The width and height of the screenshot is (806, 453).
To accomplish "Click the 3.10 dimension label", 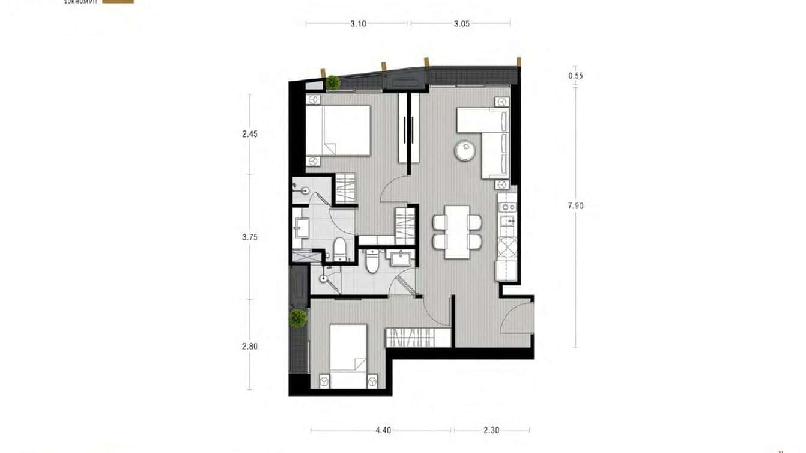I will pos(358,24).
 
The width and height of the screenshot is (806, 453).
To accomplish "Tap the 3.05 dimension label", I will pos(461,24).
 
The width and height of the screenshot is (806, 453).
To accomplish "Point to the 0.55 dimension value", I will pos(575,76).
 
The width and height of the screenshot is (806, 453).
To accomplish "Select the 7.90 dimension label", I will pos(575,205).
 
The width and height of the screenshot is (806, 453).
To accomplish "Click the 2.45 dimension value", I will pos(250,134).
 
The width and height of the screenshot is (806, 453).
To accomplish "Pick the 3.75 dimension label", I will pos(250,237).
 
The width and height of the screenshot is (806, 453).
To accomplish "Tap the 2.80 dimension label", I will pos(250,346).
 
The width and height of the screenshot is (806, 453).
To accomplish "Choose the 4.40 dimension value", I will pos(383,430).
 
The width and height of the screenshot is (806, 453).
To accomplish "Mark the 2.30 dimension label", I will pos(491,430).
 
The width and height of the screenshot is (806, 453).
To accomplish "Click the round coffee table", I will pos(465,150).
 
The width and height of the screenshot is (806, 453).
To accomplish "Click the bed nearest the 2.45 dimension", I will pos(338,130).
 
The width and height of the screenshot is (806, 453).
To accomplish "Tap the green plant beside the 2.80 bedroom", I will pos(298,317).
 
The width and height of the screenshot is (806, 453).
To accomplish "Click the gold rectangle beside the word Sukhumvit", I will pos(118,2).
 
